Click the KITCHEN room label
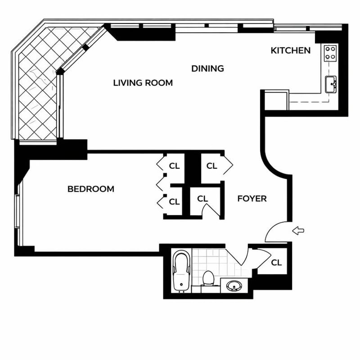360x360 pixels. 290,50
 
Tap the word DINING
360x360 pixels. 207,69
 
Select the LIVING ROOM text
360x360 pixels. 143,83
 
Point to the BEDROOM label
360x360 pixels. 90,189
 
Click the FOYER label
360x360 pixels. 252,198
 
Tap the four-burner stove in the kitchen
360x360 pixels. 330,53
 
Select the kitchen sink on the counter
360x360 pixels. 331,84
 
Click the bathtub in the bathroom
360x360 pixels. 181,272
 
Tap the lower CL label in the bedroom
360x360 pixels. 174,202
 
